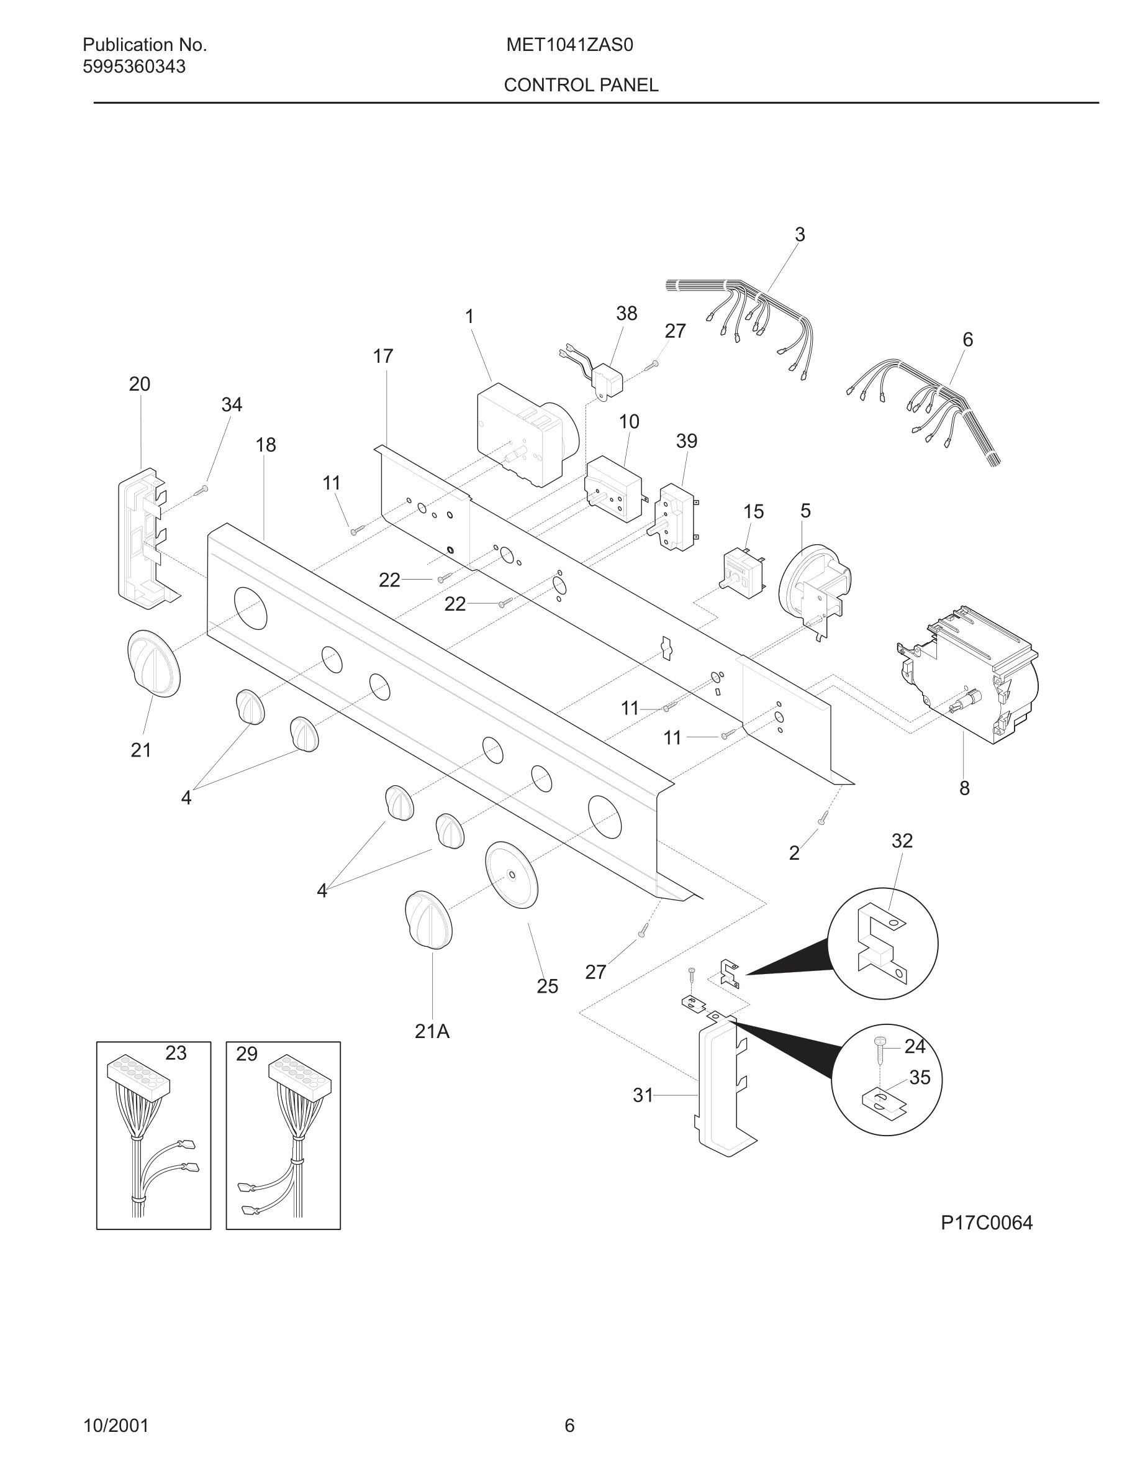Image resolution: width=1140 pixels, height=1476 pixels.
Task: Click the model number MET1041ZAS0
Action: coord(569,45)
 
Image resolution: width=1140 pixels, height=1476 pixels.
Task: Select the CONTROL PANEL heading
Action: coord(581,85)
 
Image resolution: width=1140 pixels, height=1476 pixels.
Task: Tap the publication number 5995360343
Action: coord(133,67)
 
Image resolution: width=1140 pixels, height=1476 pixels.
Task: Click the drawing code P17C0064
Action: coord(986,1223)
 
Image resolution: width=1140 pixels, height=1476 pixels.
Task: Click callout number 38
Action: coord(626,314)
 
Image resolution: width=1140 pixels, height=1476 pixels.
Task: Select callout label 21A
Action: coord(432,1031)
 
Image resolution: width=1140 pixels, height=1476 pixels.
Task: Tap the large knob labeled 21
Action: coord(154,663)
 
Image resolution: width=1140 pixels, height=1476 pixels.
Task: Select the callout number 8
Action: coord(964,788)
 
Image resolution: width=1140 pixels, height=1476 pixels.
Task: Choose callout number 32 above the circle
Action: coord(902,840)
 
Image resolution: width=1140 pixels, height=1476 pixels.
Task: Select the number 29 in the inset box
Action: coord(247,1054)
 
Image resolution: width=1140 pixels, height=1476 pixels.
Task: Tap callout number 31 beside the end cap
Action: coord(642,1096)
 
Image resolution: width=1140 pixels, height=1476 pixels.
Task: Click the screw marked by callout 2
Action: coord(823,818)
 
